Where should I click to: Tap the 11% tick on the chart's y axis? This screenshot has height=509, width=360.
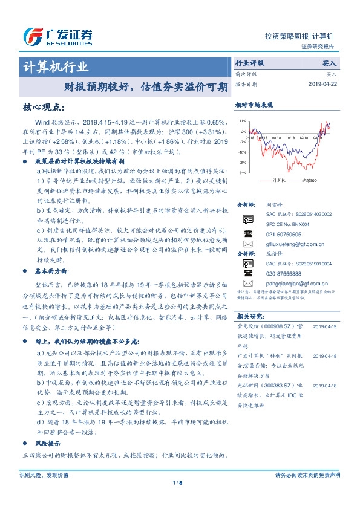click(243, 121)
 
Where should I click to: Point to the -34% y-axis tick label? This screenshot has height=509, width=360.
click(242, 173)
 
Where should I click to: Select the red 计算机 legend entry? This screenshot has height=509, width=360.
click(275, 180)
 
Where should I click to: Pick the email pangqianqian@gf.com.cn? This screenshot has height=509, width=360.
click(296, 282)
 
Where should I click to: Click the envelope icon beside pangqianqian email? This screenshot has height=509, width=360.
click(247, 282)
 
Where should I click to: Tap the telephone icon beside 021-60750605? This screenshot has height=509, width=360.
click(247, 233)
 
